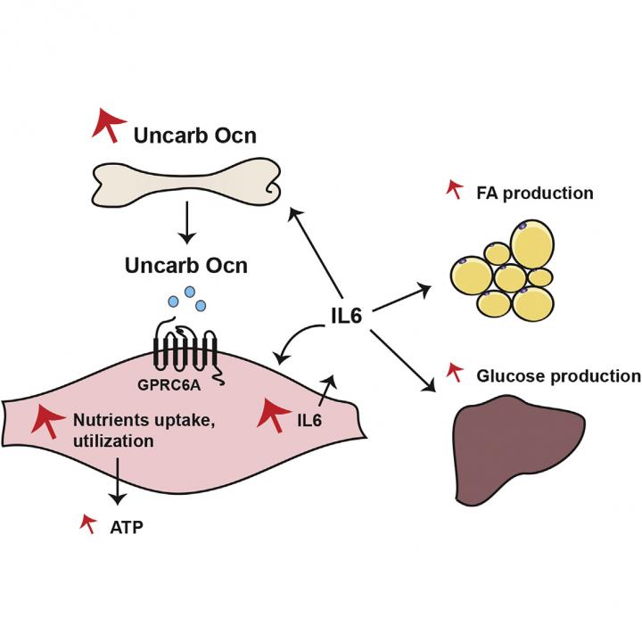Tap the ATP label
pyautogui.click(x=124, y=528)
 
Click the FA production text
pyautogui.click(x=535, y=193)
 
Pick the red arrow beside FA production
pyautogui.click(x=454, y=189)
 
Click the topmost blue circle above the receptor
pyautogui.click(x=188, y=292)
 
